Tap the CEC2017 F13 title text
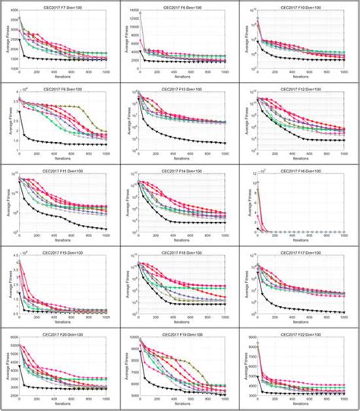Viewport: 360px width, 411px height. [x=183, y=88]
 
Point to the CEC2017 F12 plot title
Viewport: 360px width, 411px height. [x=302, y=88]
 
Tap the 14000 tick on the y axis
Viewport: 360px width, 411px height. [x=131, y=14]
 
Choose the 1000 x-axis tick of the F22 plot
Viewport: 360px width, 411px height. [x=344, y=400]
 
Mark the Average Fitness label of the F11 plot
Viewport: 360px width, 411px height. [x=6, y=204]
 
